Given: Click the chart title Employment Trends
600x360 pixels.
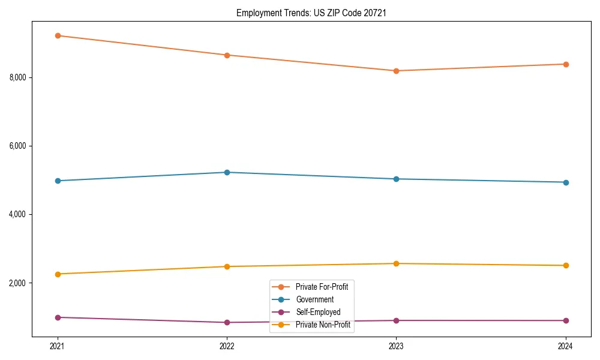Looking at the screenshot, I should pos(311,13).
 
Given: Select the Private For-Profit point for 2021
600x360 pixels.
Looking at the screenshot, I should pos(58,35).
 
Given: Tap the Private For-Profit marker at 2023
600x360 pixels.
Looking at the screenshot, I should pos(396,71).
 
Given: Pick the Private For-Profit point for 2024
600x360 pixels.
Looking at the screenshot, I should pos(565,64).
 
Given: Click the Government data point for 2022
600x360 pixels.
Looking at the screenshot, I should pos(227,172).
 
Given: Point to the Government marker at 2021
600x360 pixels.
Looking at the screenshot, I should pos(58,181).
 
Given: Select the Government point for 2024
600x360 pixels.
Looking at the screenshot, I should pos(565,182).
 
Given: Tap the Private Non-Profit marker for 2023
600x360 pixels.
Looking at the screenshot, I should pos(396,263).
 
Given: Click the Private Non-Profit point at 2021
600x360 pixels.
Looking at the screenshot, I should pos(58,274).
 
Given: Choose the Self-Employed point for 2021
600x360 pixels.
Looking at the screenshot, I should pos(58,317).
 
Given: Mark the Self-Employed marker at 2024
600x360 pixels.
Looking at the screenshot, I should pos(565,320).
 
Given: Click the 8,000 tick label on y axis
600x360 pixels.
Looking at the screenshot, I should pos(19,77).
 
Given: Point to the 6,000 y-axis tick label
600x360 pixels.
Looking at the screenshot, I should pos(19,146).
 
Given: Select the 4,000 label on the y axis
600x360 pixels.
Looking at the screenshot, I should pos(19,214).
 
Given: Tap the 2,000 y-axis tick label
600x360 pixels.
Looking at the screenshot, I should pos(19,283).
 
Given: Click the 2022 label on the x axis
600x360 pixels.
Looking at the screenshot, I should pos(227,346).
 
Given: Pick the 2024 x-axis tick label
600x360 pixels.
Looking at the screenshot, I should pos(565,346).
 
